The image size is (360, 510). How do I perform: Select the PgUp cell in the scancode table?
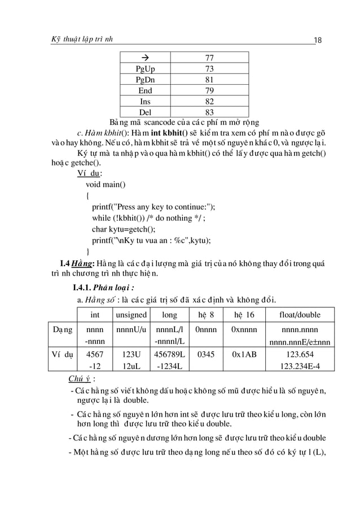pos(145,69)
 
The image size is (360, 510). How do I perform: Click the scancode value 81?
pos(209,80)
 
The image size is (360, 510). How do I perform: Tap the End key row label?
pos(145,90)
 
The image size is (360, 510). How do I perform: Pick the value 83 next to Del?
pos(209,112)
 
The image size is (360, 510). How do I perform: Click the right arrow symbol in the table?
pos(145,58)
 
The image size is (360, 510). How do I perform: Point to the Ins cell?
pos(145,101)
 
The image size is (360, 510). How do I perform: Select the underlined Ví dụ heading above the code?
pos(89,174)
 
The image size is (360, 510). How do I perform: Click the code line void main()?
pos(106,184)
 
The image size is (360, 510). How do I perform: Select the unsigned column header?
pos(131,315)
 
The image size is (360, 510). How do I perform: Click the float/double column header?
pos(300,315)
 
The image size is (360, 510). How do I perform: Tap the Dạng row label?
pos(62,329)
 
